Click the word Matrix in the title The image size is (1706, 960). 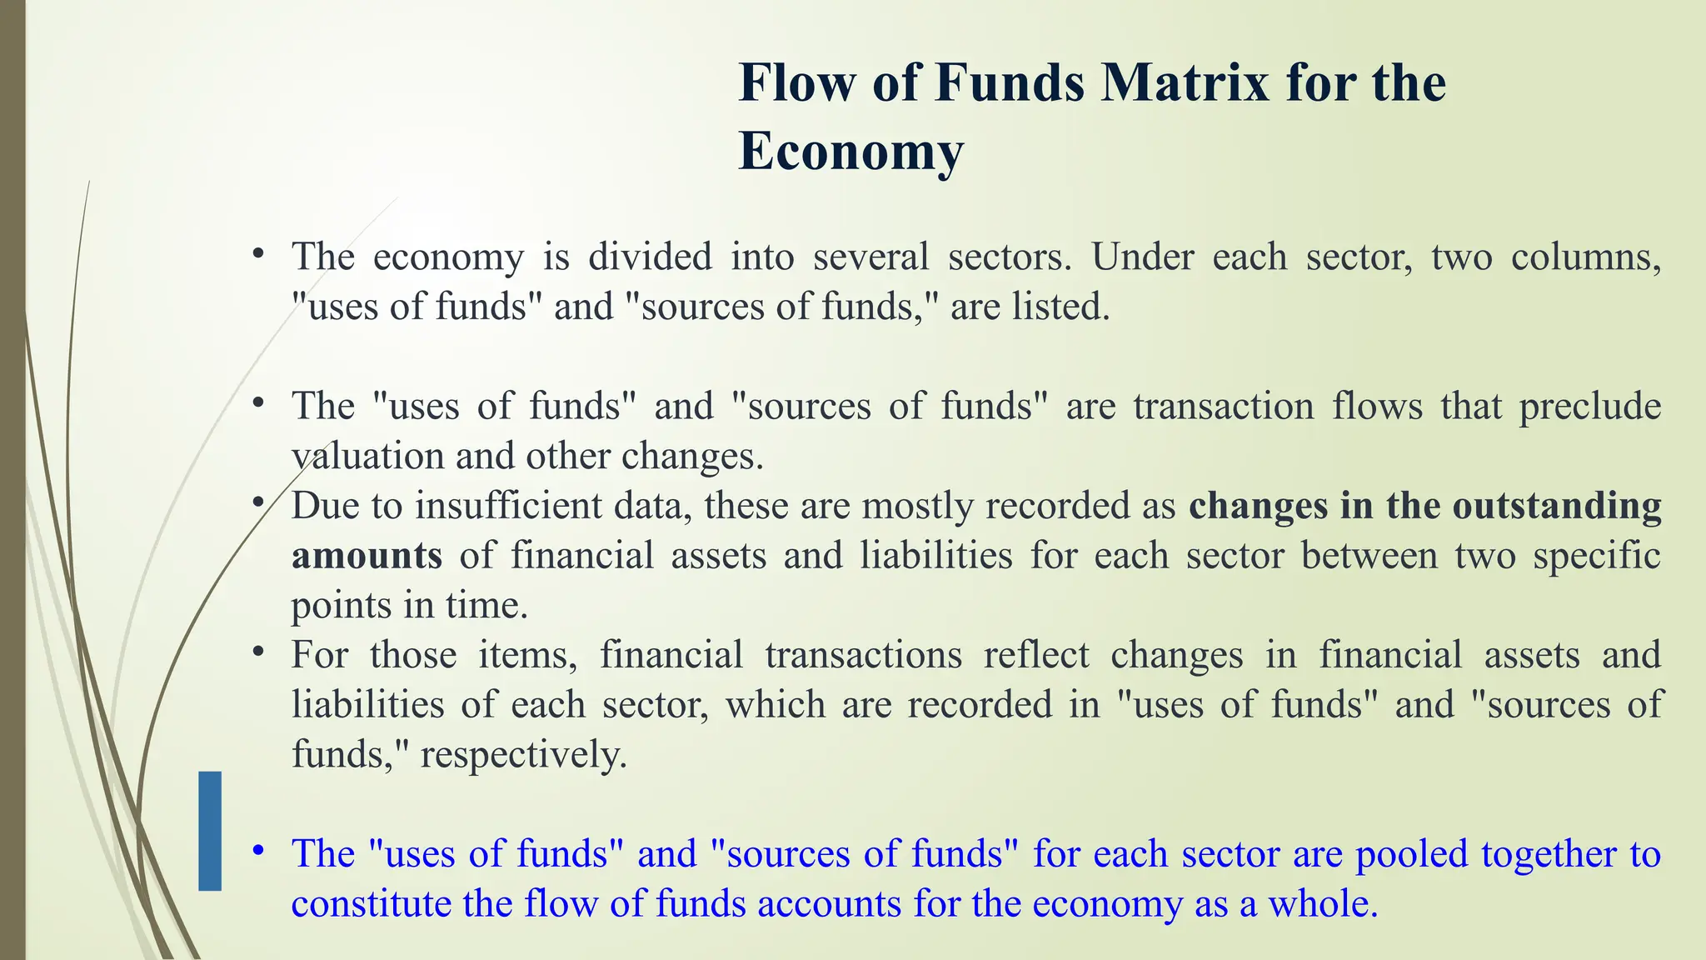[1185, 83]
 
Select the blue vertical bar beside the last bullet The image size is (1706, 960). [210, 831]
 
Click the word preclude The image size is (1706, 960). [1590, 407]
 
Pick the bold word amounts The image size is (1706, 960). [367, 556]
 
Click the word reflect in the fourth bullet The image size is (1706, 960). [1036, 655]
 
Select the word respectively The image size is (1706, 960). [523, 756]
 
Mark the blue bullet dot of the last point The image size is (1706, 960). [259, 851]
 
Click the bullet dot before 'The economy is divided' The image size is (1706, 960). [259, 252]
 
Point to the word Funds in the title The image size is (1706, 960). [1010, 83]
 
